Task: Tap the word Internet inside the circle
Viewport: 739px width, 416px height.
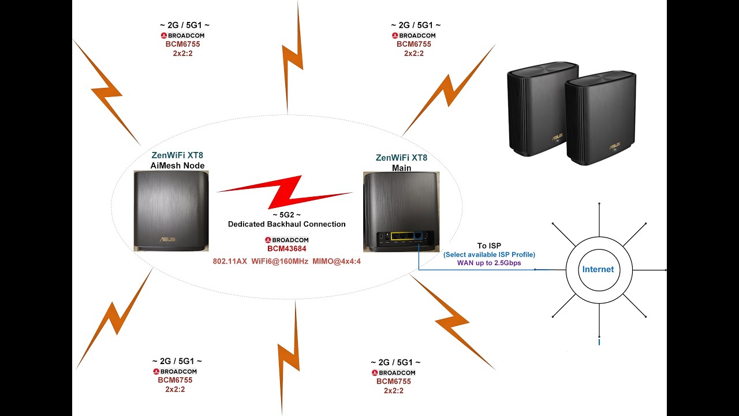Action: pos(598,269)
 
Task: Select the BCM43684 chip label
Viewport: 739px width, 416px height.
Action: pos(286,249)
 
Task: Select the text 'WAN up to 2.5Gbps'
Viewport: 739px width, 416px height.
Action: pos(489,263)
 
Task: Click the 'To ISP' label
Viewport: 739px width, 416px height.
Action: pos(489,246)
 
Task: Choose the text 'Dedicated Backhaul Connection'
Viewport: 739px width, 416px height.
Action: pos(286,224)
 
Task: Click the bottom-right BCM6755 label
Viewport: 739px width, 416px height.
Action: pos(394,381)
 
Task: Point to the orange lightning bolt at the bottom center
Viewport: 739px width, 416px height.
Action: pos(291,352)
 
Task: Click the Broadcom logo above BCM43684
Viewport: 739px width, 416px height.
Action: pos(286,240)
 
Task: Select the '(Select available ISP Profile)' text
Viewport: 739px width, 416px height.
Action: pos(489,255)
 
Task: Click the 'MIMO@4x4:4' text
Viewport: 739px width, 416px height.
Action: pos(337,262)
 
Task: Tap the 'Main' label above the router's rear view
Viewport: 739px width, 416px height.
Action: pos(401,168)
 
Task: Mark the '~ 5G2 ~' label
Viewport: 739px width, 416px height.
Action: pos(286,215)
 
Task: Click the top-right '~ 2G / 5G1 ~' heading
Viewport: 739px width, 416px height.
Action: pos(416,25)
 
